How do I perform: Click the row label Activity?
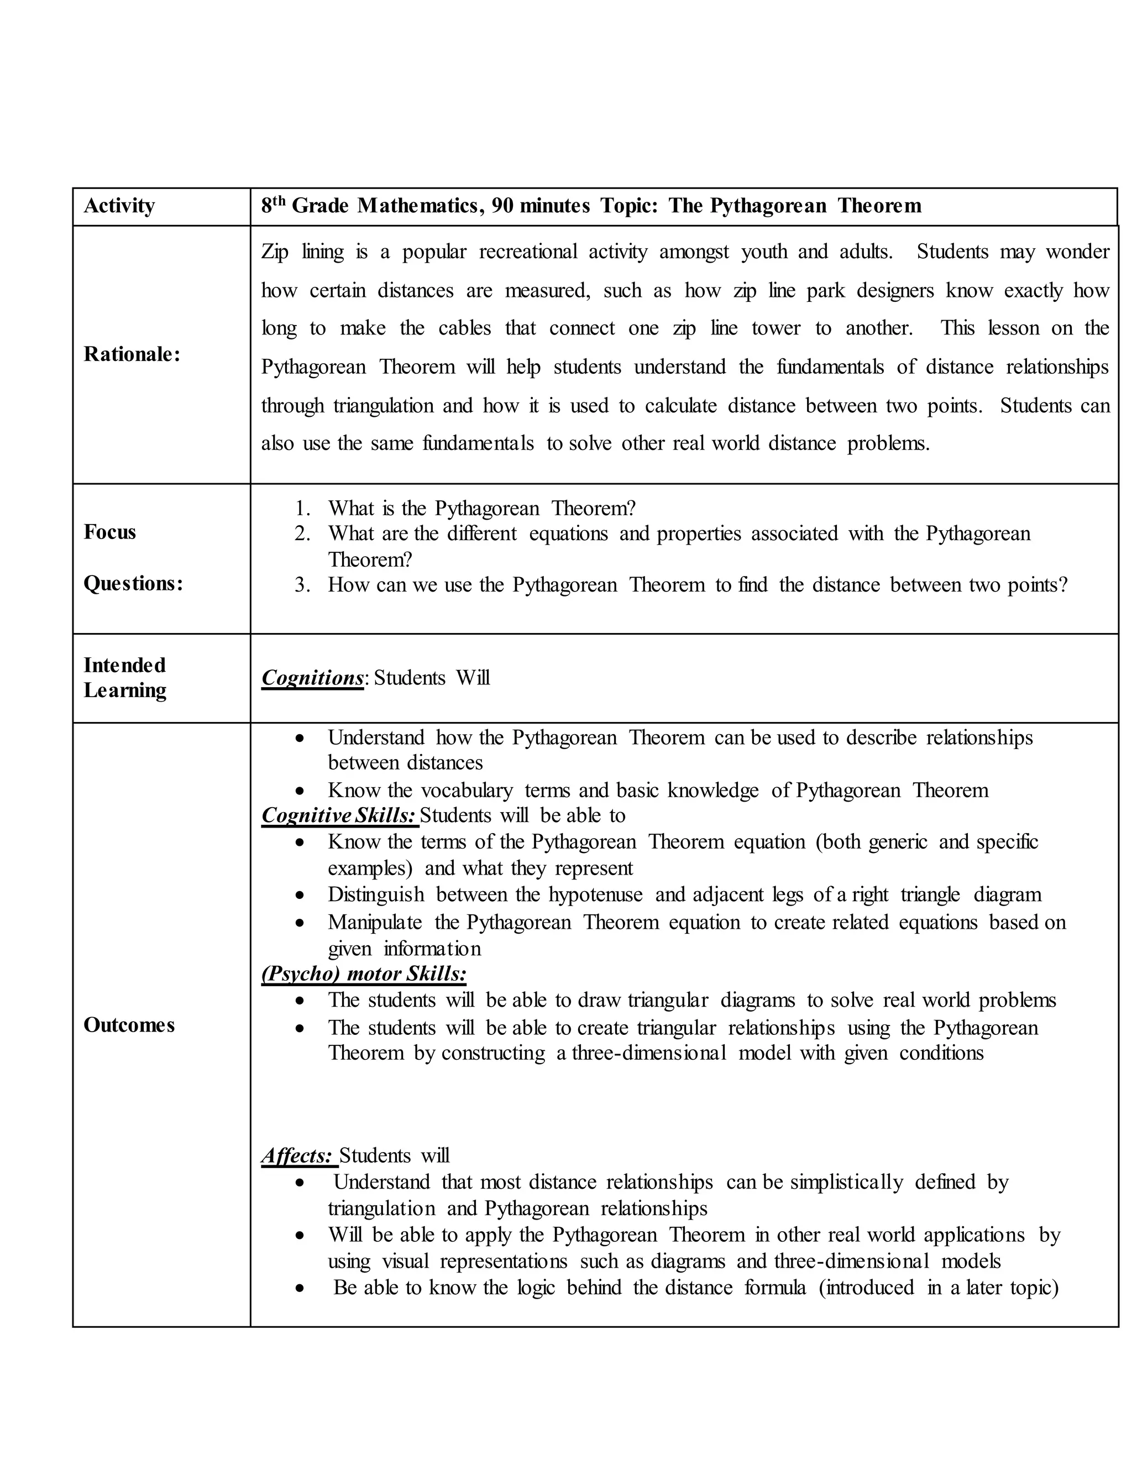pos(119,206)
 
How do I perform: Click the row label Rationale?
pos(132,355)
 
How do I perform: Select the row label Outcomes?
pos(129,1025)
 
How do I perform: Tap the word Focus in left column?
pos(109,532)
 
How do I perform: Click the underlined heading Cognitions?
pos(312,678)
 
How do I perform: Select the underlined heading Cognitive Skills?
pos(339,815)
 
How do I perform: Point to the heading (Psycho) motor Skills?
pos(364,974)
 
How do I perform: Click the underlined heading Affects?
pos(297,1156)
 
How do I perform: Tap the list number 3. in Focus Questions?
pos(302,585)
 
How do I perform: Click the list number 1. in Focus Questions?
pos(302,509)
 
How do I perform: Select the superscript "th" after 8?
pos(280,201)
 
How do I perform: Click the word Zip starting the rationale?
pos(274,252)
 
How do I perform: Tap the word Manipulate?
pos(374,922)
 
